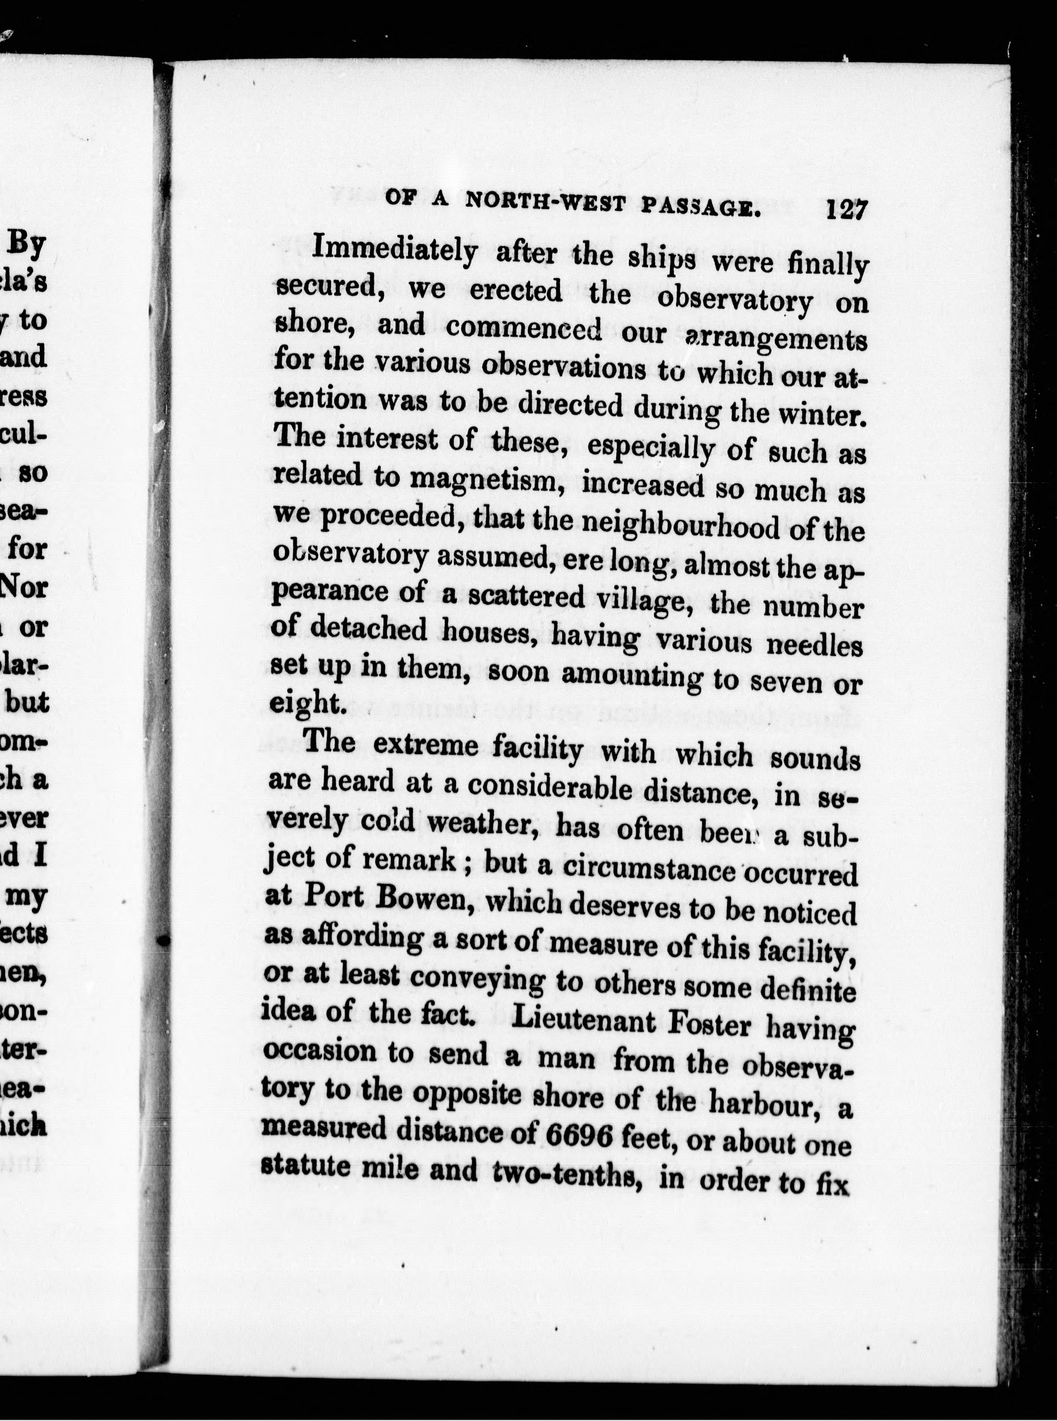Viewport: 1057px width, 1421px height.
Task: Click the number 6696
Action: point(580,1135)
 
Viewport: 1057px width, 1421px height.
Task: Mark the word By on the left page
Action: point(27,245)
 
